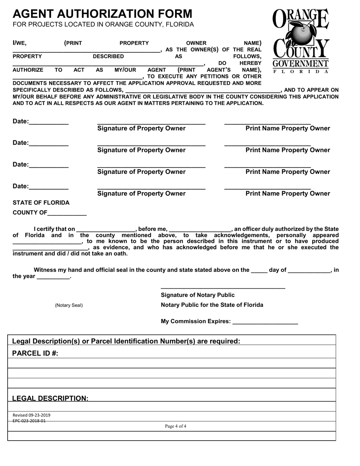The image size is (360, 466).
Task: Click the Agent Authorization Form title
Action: [102, 14]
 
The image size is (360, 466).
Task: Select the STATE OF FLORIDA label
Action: [41, 202]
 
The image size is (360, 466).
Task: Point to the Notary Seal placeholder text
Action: [69, 305]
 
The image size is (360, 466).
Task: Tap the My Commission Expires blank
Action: [265, 322]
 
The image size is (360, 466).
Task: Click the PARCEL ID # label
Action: [35, 353]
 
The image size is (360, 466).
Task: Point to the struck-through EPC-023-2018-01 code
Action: [29, 421]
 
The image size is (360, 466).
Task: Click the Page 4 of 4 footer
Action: [175, 426]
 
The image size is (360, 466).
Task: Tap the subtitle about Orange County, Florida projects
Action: [103, 25]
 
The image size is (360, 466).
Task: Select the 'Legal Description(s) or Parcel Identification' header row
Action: [126, 341]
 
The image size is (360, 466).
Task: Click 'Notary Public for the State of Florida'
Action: [212, 305]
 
